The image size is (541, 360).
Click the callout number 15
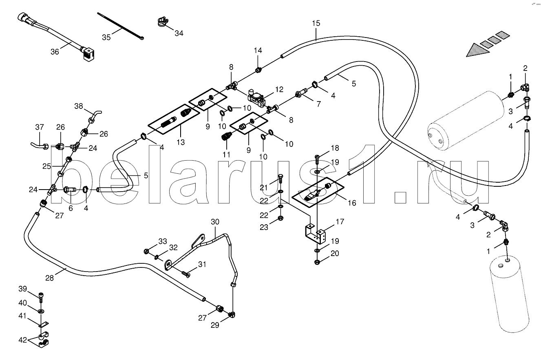tap(316, 23)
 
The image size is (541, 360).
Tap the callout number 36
tap(55, 52)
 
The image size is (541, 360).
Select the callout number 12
tap(279, 89)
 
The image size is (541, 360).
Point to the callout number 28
tap(49, 278)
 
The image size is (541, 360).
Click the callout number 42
tap(23, 340)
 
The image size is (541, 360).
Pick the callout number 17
tap(340, 222)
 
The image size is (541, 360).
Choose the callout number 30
tap(215, 222)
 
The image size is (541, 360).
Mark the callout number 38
tap(79, 106)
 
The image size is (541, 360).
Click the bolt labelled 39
tap(41, 297)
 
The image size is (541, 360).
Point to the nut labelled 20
tap(317, 262)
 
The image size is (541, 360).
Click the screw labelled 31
tap(186, 274)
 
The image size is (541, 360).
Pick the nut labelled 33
tap(146, 252)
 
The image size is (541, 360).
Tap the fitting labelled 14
tap(258, 70)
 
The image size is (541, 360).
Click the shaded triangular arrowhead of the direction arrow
tap(477, 50)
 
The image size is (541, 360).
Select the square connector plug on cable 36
tap(88, 55)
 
